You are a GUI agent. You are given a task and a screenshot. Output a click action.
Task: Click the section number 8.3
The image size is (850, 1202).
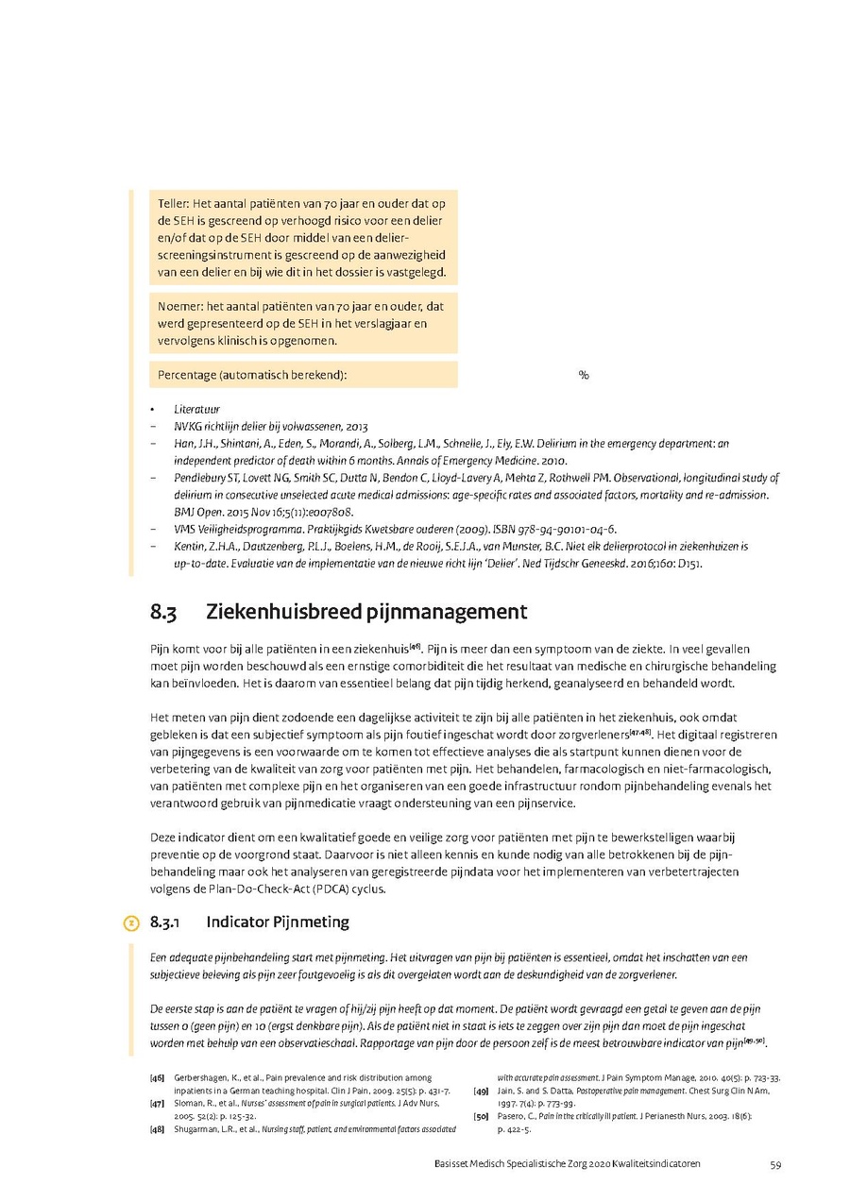click(163, 612)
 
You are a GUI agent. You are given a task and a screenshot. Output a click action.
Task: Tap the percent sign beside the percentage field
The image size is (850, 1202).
click(584, 375)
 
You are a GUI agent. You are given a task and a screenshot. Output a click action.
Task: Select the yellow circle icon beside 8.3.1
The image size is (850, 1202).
click(132, 922)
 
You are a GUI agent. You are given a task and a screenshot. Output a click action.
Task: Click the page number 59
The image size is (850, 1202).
click(774, 1164)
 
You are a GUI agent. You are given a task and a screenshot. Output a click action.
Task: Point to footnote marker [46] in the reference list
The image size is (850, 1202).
click(157, 1077)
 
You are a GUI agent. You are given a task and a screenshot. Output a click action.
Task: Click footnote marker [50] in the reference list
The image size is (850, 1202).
click(481, 1115)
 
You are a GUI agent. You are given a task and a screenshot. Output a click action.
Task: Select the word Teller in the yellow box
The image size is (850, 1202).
click(174, 204)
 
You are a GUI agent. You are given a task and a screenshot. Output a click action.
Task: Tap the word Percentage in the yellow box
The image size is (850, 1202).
click(186, 375)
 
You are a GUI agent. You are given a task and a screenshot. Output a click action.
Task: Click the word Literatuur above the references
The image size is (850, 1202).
click(196, 410)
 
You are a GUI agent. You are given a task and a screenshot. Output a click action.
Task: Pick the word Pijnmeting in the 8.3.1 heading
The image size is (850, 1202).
click(310, 922)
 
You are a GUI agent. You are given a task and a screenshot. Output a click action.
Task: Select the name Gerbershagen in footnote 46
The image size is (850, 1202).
click(204, 1077)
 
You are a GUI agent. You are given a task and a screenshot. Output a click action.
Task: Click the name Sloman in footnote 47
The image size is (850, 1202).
click(189, 1103)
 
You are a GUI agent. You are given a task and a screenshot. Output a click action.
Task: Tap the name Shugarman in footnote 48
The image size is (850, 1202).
click(196, 1128)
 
